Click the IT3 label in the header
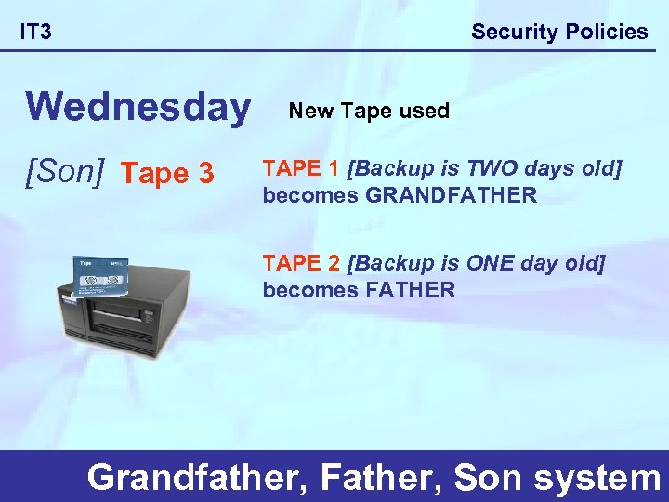coord(36,33)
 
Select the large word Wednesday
coord(138,107)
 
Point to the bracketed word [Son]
coord(66,172)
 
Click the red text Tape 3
coord(168,173)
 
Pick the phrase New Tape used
coord(369,111)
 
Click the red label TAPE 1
coord(301,169)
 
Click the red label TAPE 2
coord(301,264)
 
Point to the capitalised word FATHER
coord(411,290)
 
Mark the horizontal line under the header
coord(334,50)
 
